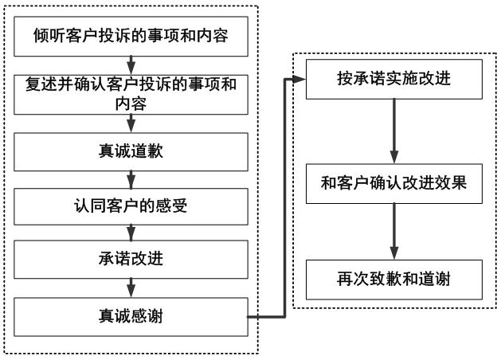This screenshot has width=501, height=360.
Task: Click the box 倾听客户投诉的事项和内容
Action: (132, 35)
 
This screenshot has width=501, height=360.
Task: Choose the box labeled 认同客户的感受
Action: (132, 206)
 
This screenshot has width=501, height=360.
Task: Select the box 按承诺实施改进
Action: (393, 80)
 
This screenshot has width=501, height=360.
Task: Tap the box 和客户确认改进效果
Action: (393, 181)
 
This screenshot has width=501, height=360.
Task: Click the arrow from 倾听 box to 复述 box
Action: (132, 64)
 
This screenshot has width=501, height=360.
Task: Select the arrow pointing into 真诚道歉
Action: (132, 124)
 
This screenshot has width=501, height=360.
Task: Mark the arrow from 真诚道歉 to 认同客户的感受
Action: (132, 178)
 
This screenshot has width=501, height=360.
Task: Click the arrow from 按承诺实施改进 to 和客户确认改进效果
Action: (393, 130)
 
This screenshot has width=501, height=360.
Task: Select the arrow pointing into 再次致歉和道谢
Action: (393, 231)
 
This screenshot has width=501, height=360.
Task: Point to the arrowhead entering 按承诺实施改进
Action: (301, 80)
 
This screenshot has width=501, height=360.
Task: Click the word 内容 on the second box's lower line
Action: (132, 104)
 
